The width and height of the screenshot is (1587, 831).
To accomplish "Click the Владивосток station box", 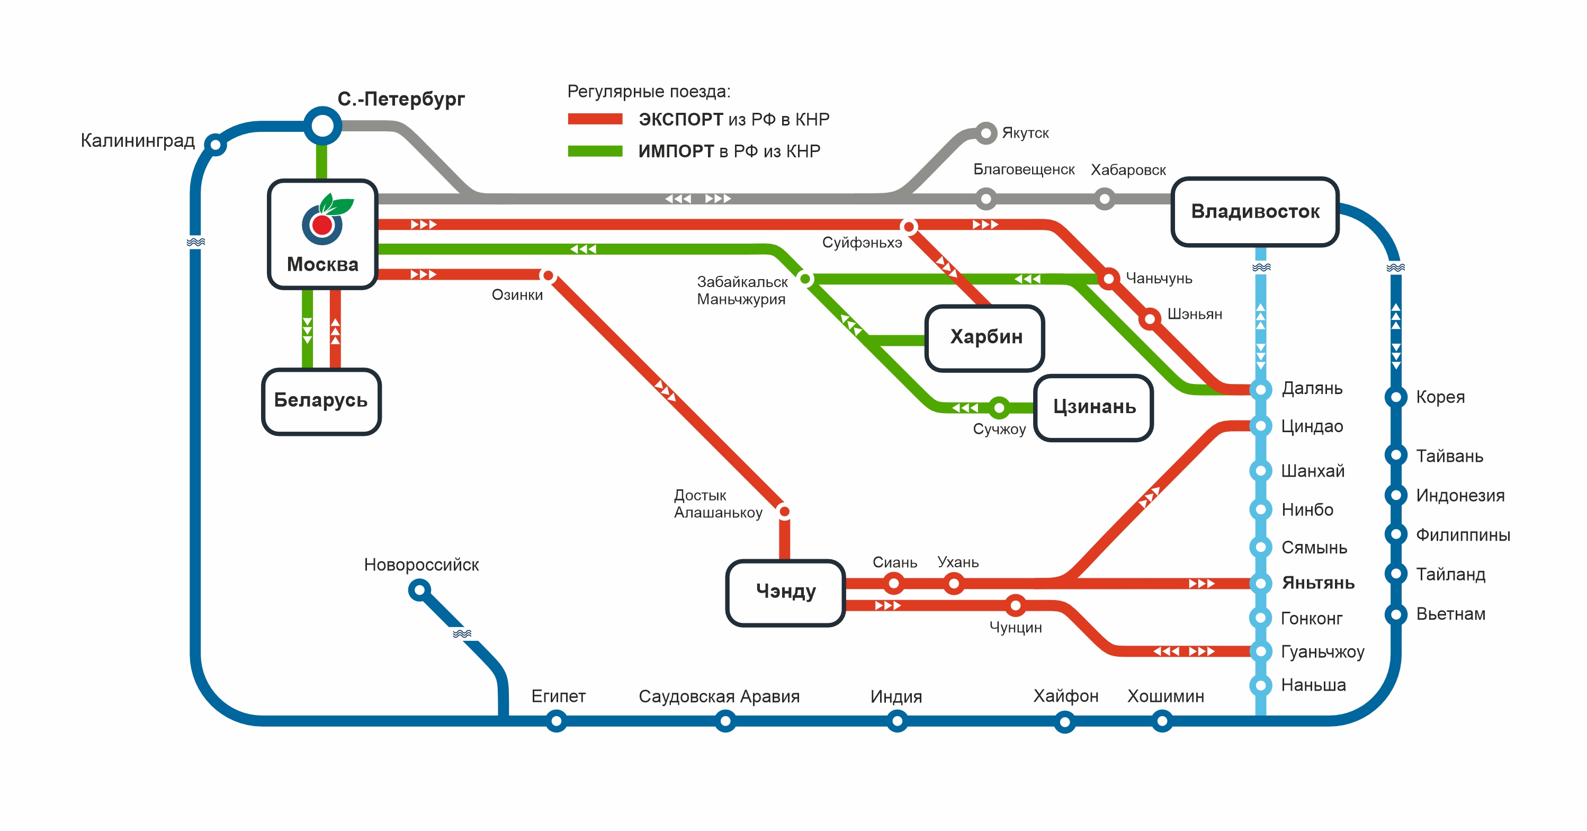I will (x=1254, y=211).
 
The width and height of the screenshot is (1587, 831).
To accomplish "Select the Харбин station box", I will (x=984, y=337).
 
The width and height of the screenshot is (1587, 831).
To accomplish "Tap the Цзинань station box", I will (x=1093, y=407).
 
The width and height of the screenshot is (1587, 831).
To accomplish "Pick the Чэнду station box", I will (x=785, y=592).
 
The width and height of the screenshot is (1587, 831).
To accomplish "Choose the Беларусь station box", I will (x=321, y=401).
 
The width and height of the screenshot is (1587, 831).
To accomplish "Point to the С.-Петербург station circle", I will (x=322, y=126).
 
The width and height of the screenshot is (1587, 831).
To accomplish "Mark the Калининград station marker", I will (x=215, y=145).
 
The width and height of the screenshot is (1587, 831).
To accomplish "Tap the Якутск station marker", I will (x=985, y=132).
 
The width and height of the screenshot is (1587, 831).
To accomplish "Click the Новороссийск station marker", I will (x=419, y=590).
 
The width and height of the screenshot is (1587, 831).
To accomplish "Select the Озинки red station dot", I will (x=548, y=275).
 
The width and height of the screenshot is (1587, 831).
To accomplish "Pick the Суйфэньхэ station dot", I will (x=908, y=227).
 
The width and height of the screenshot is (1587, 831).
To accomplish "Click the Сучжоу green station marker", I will (x=999, y=407).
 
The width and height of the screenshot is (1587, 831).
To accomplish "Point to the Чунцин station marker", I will (x=1015, y=605).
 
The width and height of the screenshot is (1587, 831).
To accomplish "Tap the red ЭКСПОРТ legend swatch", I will (x=595, y=119).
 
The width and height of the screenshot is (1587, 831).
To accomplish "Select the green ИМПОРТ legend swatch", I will (x=595, y=151).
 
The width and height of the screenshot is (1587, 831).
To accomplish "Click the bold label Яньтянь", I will (x=1318, y=583).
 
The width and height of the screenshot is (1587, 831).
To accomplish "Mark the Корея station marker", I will (x=1395, y=397).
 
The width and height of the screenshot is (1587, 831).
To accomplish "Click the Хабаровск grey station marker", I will (x=1104, y=199).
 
